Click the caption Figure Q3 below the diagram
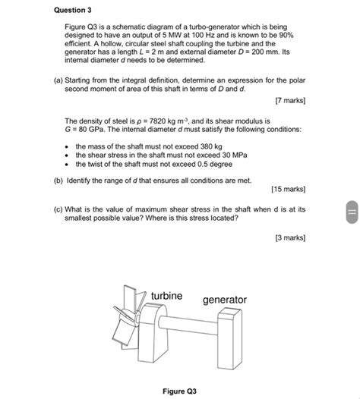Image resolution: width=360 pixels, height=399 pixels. click(x=179, y=391)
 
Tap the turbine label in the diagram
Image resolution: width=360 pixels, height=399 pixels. click(x=166, y=295)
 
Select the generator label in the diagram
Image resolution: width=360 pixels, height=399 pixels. click(x=224, y=300)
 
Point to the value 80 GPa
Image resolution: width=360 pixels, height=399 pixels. click(x=90, y=129)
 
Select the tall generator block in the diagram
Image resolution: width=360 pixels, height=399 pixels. click(x=229, y=335)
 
